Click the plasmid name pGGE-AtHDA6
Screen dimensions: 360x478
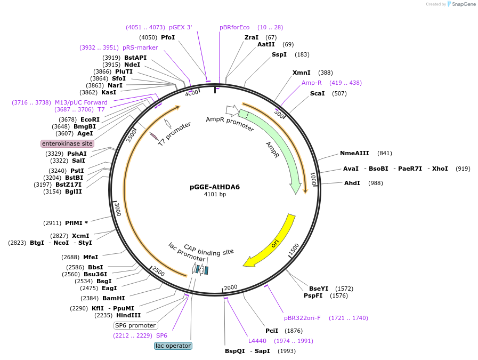[x=215, y=187]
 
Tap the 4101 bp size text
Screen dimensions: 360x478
[x=215, y=195]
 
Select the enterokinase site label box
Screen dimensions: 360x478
[x=67, y=143]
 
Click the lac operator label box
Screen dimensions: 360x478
[x=173, y=346]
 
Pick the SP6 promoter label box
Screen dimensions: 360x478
[x=135, y=325]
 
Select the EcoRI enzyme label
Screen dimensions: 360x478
[x=90, y=119]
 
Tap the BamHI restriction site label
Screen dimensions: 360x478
[x=114, y=298]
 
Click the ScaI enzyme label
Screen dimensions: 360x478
[x=318, y=94]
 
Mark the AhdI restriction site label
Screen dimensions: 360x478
[x=352, y=183]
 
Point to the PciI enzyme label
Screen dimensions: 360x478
[x=272, y=331]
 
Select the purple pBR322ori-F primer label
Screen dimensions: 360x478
[x=303, y=318]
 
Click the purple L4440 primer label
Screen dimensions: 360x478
[x=257, y=341]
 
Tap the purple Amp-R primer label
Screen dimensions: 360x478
[x=312, y=83]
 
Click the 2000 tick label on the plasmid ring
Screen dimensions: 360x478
[x=230, y=287]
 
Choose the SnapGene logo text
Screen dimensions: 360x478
[x=464, y=4]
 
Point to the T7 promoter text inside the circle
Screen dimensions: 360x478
[x=174, y=134]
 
